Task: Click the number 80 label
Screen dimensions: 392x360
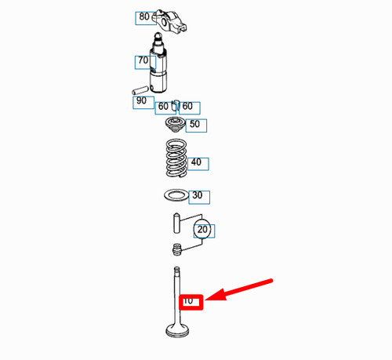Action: pos(144,16)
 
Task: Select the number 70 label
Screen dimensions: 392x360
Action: pos(143,60)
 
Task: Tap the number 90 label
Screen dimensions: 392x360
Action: pos(141,100)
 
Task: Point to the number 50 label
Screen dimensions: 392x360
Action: pos(194,124)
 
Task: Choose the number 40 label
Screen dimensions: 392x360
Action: pos(196,162)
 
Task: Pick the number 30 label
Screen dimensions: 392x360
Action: pos(198,195)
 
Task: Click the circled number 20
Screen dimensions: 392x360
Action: pos(202,229)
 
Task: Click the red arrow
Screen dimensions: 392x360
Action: pos(238,290)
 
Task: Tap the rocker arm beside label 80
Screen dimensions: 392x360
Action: pos(170,22)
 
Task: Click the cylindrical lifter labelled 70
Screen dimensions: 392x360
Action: pos(158,63)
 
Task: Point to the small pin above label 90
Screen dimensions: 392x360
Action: pos(140,90)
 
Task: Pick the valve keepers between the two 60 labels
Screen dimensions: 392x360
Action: pos(175,105)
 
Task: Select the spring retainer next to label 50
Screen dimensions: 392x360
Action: pos(175,125)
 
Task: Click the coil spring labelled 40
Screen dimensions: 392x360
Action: pos(176,158)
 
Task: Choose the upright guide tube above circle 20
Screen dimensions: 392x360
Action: pos(176,224)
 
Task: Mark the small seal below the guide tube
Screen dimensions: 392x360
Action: pos(177,249)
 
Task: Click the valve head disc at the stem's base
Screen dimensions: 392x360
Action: pos(177,330)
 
